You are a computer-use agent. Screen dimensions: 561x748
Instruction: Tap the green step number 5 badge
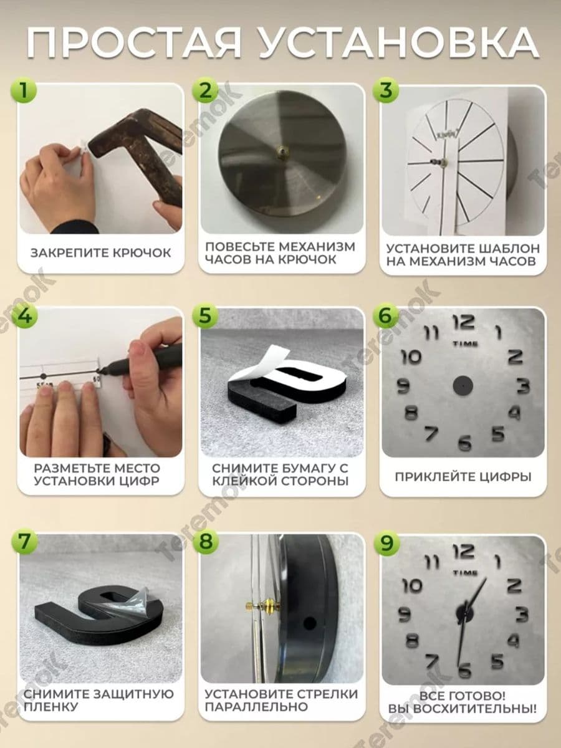pos(205,315)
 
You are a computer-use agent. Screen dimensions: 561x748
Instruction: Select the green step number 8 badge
pos(205,541)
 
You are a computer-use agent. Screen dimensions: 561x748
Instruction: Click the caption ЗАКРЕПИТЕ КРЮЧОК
pos(101,253)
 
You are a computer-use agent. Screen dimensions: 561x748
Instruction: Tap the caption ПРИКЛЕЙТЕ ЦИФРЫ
pos(463,477)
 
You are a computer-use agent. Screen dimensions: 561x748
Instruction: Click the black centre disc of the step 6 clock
pos(463,385)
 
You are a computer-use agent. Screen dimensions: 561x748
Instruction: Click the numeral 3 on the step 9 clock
pos(522,615)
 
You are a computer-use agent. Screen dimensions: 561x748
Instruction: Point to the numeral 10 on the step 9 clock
pos(412,585)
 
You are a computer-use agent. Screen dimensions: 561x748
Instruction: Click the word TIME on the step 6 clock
pos(465,344)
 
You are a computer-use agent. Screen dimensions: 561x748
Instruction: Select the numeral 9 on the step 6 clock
pos(404,386)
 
